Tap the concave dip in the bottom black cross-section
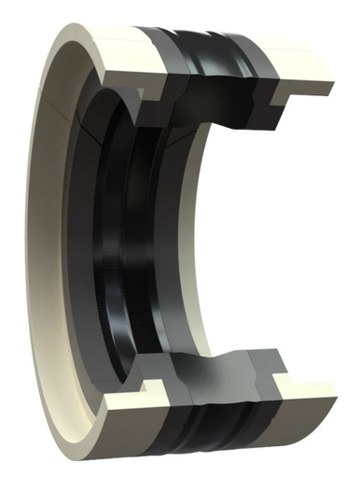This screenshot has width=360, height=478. point(224,360)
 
